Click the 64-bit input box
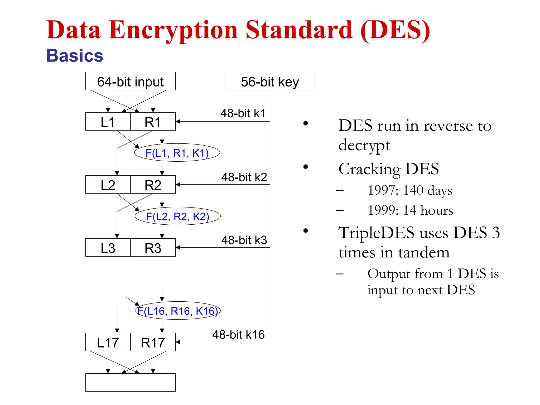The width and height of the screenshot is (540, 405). click(130, 81)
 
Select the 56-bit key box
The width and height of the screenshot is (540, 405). click(270, 81)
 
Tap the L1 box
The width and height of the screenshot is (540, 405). click(108, 122)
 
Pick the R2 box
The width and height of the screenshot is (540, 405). click(153, 185)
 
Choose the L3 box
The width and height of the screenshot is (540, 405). click(108, 248)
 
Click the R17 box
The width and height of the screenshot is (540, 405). click(153, 342)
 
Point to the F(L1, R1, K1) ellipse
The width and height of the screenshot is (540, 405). click(177, 153)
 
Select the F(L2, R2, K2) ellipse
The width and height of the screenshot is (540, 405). click(178, 216)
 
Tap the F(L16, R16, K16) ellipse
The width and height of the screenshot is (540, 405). click(178, 311)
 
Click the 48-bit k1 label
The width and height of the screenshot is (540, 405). click(243, 113)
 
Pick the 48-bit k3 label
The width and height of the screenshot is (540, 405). click(244, 240)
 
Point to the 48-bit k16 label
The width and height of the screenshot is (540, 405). click(238, 335)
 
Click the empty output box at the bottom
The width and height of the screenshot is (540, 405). click(130, 382)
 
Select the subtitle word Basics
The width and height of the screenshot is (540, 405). click(75, 56)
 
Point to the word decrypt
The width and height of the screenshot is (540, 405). click(364, 146)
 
